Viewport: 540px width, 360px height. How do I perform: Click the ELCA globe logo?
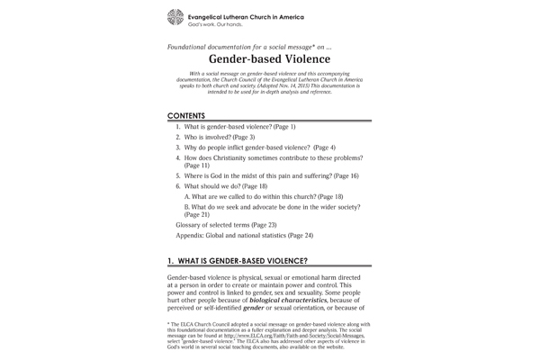pos(175,16)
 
